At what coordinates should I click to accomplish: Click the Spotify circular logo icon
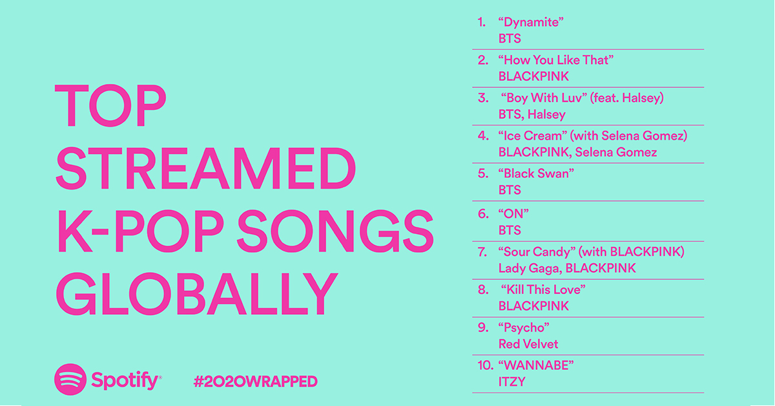70,379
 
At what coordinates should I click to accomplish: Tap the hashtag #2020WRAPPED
255,381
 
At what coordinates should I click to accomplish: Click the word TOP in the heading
110,105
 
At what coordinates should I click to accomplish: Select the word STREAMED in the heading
205,168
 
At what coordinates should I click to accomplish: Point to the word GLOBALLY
196,293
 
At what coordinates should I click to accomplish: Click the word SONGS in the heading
335,231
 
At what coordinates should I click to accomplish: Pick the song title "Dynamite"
531,22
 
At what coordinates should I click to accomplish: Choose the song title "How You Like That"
555,60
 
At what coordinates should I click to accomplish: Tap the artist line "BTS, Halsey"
532,114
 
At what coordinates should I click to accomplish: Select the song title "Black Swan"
536,173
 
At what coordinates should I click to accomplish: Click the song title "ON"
513,213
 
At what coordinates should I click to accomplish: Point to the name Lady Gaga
529,268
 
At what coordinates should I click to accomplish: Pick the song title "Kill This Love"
543,289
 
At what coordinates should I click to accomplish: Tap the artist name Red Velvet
528,344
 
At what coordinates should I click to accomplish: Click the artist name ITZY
512,381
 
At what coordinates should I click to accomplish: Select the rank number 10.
485,365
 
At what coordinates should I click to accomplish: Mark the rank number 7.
482,252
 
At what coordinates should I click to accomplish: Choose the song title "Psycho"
524,327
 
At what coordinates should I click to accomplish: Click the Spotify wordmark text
125,381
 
